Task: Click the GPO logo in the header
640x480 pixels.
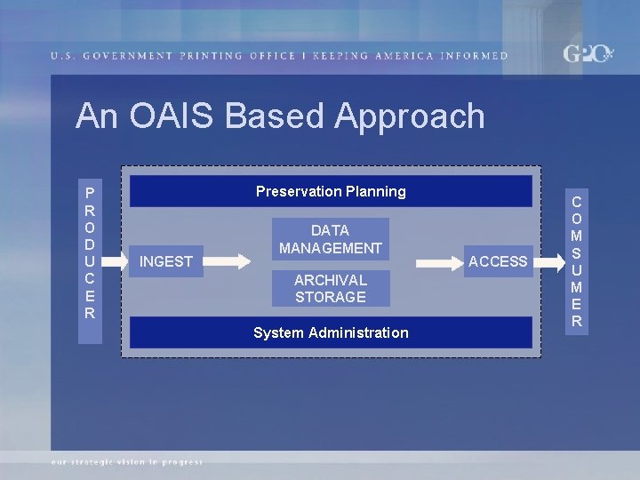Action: (x=587, y=54)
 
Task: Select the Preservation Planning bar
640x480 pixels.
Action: (x=331, y=191)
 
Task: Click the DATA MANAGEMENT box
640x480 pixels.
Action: (x=331, y=239)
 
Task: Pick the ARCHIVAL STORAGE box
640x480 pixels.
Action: (x=331, y=288)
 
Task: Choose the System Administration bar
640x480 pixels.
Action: (x=331, y=332)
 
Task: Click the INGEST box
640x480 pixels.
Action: (x=166, y=261)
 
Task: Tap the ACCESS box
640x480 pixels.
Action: (x=498, y=261)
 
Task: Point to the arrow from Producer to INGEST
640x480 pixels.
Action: (x=115, y=261)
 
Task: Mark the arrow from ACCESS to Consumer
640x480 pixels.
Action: (x=551, y=261)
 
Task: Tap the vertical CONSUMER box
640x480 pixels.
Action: (x=577, y=261)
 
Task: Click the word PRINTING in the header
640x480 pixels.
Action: (x=212, y=56)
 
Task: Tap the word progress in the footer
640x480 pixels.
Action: (x=182, y=462)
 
